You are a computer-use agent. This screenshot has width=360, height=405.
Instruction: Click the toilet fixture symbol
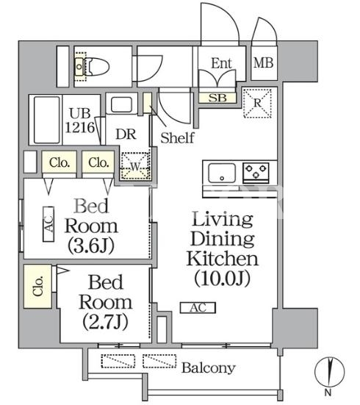pos(92,67)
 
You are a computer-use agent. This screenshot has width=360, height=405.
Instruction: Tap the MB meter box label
pos(264,62)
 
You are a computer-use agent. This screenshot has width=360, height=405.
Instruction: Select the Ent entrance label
pos(221,63)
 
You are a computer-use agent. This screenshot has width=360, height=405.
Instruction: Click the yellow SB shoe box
pos(217,98)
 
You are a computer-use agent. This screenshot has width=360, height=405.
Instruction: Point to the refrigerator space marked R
pos(257,104)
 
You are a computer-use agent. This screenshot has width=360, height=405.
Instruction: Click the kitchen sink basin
pos(222,173)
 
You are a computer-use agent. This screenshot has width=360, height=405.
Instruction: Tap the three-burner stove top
pos(256,171)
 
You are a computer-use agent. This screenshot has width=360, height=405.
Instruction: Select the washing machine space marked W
pos(134,166)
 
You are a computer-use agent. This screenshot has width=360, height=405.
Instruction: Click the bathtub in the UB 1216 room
pos(46,120)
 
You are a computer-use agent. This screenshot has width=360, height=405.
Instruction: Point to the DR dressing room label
pos(126,134)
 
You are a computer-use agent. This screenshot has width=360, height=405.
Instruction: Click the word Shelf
pos(177,137)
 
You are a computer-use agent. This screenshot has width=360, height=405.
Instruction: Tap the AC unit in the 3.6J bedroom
pos(48,224)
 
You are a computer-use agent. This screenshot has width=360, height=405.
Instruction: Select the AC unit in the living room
pos(198,308)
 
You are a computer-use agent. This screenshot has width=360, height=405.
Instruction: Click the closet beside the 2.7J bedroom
pos(37,287)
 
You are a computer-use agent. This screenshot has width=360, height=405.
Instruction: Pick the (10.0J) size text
pos(222,279)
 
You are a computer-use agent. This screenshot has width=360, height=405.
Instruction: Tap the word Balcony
pos(209,368)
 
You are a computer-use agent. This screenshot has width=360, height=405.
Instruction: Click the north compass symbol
pos(330,372)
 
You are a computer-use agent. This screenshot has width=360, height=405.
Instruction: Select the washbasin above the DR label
pos(121,104)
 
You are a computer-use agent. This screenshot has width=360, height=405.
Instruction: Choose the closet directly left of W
pos(98,162)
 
